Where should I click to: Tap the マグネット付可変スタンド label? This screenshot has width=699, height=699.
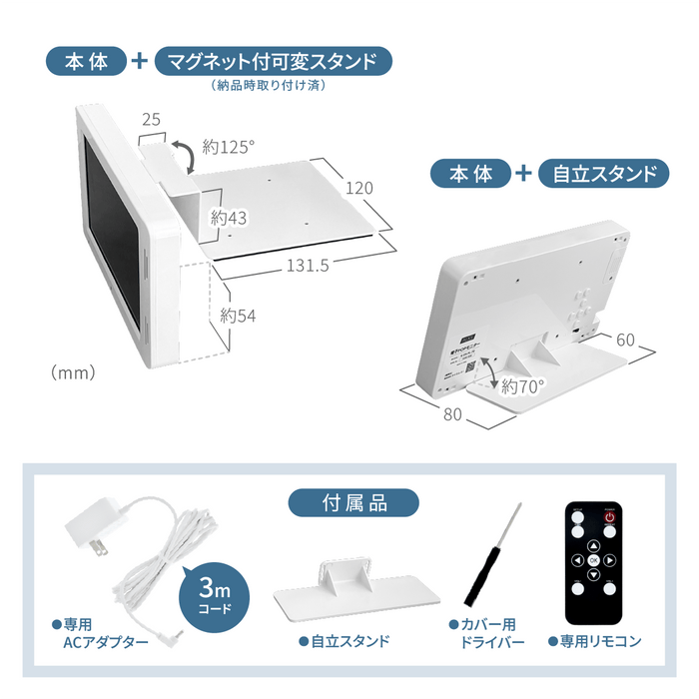[273, 61]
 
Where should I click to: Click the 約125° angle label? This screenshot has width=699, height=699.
[229, 147]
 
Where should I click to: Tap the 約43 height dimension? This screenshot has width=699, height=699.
[229, 217]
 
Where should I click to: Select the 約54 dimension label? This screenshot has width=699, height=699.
[239, 316]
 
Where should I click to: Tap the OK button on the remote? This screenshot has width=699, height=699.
[593, 561]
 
